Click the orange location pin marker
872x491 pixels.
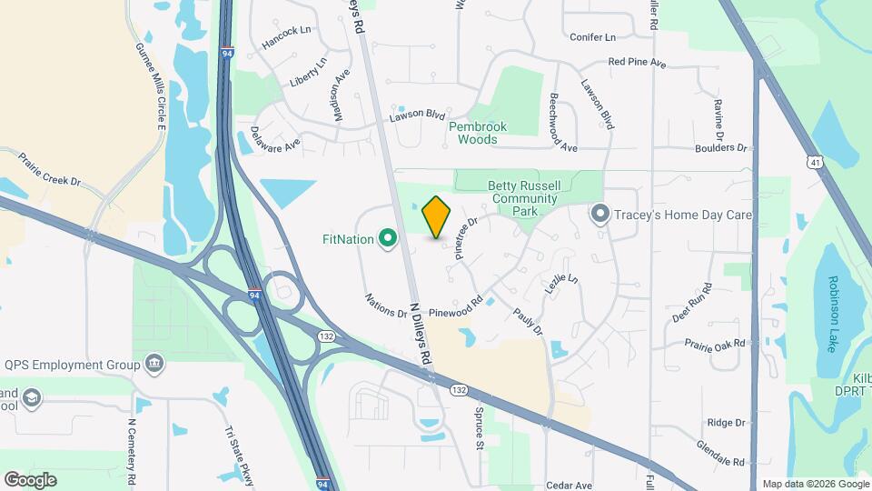pos(437,217)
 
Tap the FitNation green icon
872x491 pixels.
pos(388,239)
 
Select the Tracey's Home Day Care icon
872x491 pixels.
pos(599,215)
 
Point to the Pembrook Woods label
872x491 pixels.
pos(478,133)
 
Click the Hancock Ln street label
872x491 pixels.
pos(286,36)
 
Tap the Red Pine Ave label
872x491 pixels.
pos(638,65)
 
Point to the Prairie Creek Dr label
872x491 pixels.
pos(52,168)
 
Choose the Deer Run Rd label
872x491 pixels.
pos(692,302)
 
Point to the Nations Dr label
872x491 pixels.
pos(385,305)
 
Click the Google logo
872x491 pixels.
pos(30,479)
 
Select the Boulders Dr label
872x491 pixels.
pos(720,147)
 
